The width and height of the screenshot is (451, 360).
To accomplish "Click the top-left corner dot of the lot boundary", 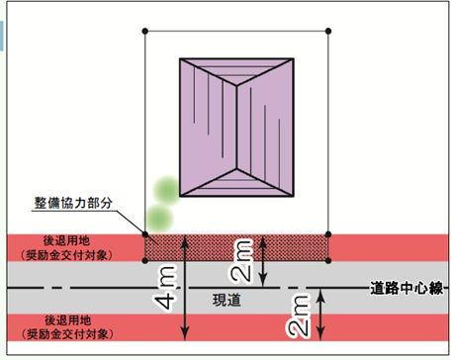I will click(x=145, y=30).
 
